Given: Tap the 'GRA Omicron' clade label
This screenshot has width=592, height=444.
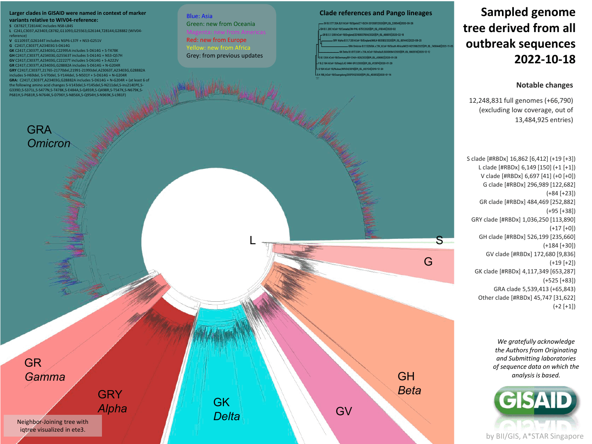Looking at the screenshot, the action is (49, 136).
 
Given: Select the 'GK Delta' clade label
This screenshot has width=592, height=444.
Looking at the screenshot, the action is (226, 409).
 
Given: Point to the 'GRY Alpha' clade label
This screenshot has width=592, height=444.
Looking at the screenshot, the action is (112, 401).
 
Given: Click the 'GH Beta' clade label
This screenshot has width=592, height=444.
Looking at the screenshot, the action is (409, 383).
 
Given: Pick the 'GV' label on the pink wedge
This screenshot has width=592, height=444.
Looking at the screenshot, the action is (344, 411).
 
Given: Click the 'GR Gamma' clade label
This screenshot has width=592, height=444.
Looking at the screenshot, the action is (44, 370).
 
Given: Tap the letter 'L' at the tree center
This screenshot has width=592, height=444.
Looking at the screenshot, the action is (252, 240).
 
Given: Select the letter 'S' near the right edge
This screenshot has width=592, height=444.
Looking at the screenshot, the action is (439, 240).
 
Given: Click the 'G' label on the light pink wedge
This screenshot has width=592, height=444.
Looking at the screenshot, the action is (428, 261).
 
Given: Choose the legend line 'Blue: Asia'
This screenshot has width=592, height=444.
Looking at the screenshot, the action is (199, 16).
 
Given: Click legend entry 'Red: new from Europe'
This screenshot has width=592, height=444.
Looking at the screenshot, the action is (216, 40).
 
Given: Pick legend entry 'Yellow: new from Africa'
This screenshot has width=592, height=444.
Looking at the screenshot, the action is (218, 48).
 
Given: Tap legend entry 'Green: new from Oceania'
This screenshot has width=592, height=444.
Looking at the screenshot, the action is (220, 24).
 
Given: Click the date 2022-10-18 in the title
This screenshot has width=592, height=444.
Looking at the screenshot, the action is (545, 59).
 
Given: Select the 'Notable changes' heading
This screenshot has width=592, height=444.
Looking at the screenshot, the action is (544, 85).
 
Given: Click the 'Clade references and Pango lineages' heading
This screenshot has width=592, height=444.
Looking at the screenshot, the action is (375, 13).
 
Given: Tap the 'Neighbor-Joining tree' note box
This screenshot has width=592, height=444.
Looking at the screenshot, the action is (53, 425).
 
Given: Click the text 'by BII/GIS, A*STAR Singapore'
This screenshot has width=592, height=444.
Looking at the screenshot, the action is (534, 436).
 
